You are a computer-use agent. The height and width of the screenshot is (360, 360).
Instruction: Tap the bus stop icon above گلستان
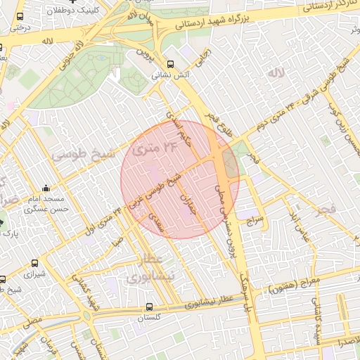149,307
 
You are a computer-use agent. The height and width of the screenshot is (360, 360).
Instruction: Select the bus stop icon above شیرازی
34,264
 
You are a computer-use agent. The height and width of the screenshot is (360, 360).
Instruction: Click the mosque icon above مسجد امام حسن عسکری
46,188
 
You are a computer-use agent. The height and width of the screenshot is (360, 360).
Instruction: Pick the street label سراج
253,220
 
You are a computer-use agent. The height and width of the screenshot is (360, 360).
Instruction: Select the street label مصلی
31,320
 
